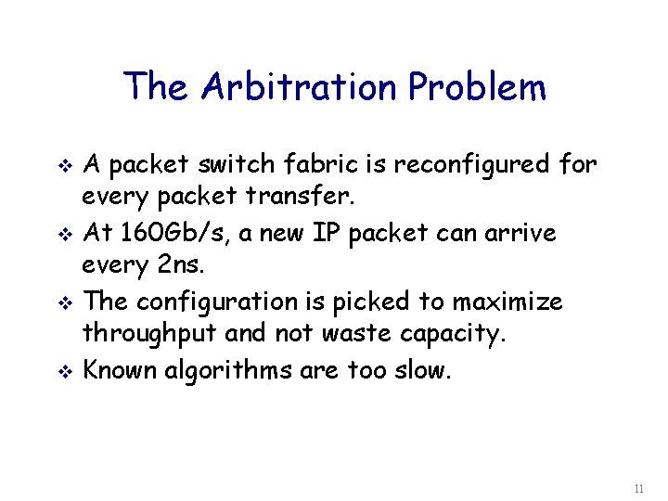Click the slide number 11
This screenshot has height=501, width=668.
pos(637,488)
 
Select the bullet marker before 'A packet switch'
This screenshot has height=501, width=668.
pos(64,166)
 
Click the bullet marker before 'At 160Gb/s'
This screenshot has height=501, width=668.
pos(64,235)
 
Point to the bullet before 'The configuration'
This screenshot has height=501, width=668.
pos(64,303)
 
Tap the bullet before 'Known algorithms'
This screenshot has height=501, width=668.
pos(64,372)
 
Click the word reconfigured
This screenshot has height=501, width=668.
pos(474,165)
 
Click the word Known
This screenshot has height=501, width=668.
pos(121,371)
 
